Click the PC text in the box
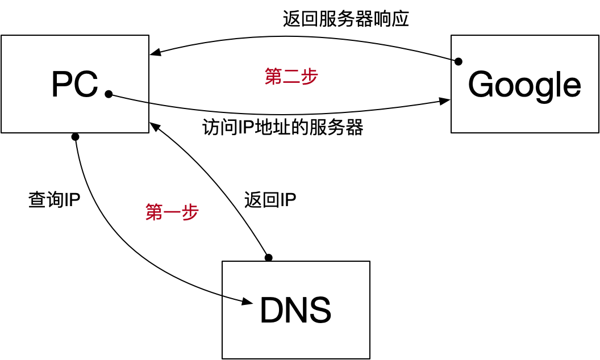[x=74, y=85]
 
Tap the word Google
[x=524, y=85]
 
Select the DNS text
[x=295, y=311]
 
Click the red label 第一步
[x=172, y=212]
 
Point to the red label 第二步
[x=291, y=76]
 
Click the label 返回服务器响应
[x=346, y=19]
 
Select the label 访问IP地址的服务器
[x=283, y=127]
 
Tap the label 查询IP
[x=54, y=199]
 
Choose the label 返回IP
[x=270, y=199]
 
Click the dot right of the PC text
[x=109, y=94]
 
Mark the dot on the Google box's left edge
[x=459, y=61]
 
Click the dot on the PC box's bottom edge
[x=75, y=137]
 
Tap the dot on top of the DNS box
[x=269, y=258]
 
